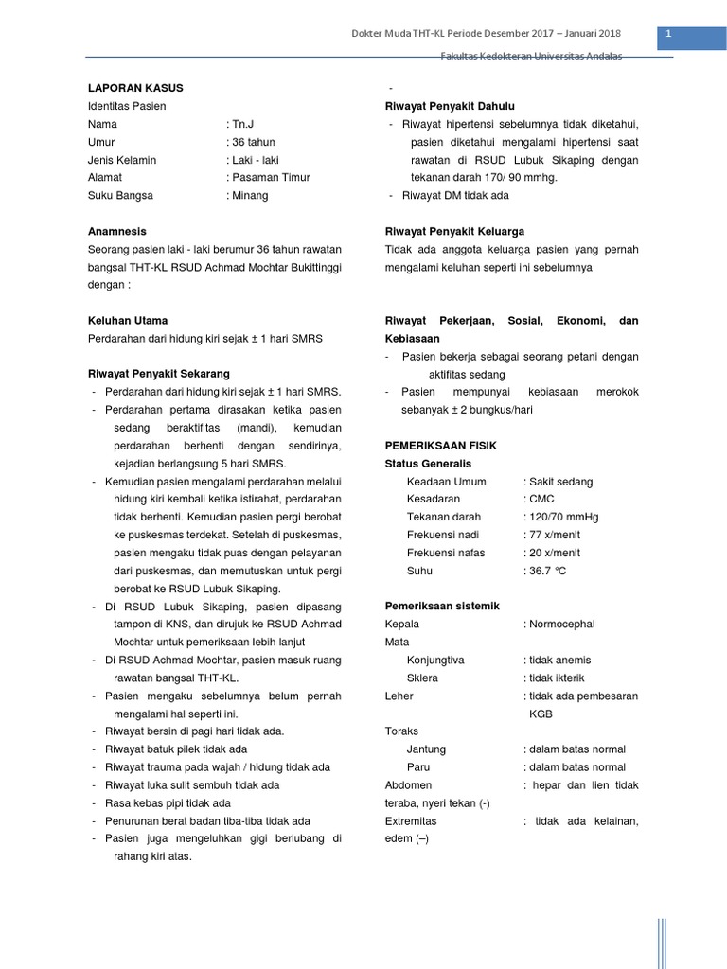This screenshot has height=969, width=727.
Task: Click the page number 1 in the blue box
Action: pyautogui.click(x=668, y=35)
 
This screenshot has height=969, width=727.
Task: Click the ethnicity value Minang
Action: pyautogui.click(x=248, y=196)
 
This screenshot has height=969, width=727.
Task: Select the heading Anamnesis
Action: pyautogui.click(x=116, y=231)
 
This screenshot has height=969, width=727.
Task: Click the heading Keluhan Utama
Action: pyautogui.click(x=127, y=321)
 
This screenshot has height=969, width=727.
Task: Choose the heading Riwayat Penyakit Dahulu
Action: pyautogui.click(x=450, y=106)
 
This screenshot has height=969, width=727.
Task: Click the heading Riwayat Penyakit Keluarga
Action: pyautogui.click(x=454, y=231)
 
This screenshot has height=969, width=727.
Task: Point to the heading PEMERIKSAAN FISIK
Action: pyautogui.click(x=440, y=446)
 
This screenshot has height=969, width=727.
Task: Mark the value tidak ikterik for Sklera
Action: pyautogui.click(x=559, y=678)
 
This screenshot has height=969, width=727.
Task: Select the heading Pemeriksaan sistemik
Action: pyautogui.click(x=442, y=606)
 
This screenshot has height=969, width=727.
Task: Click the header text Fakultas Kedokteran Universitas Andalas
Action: pyautogui.click(x=532, y=57)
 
